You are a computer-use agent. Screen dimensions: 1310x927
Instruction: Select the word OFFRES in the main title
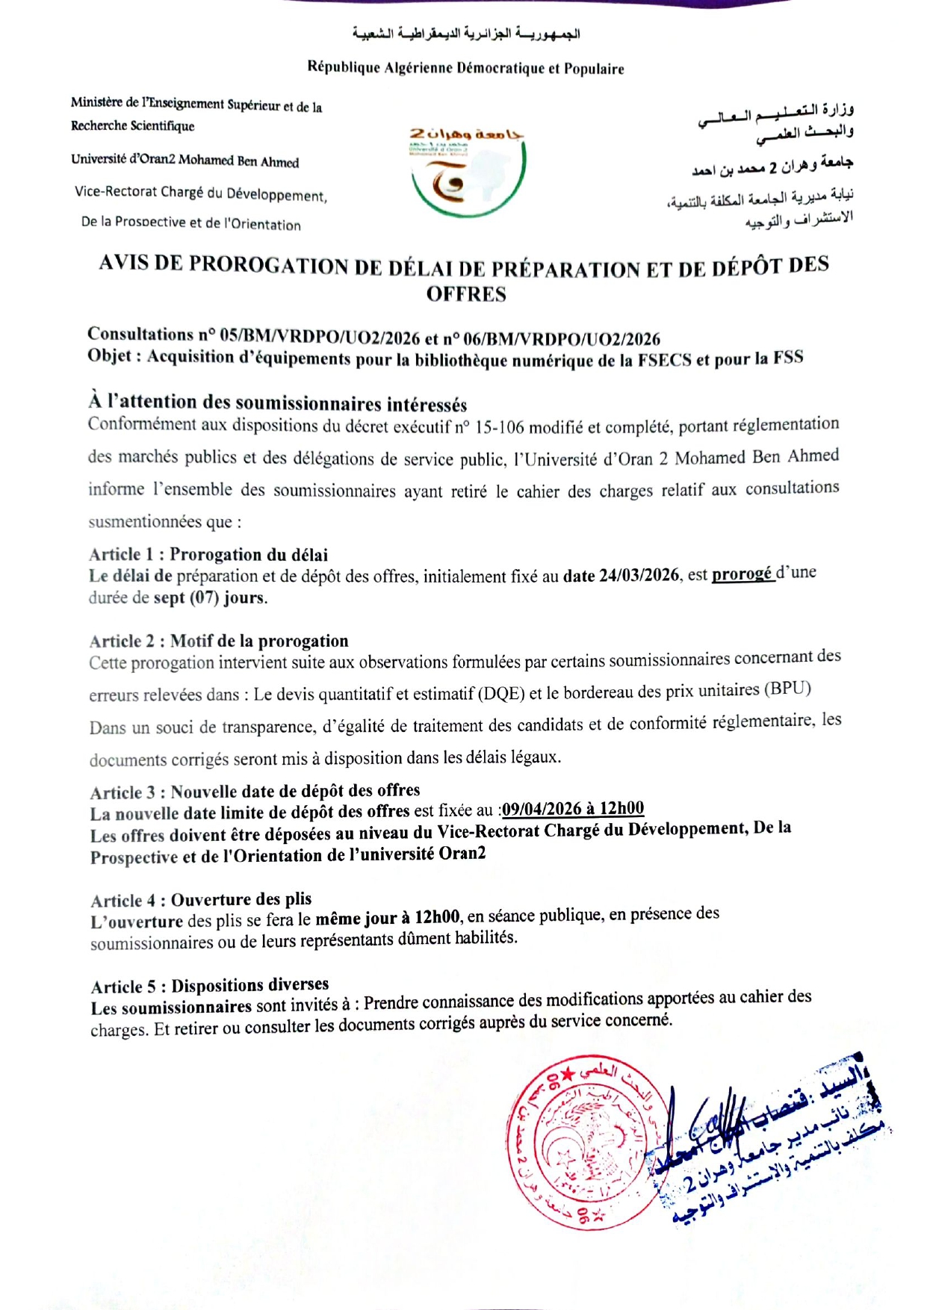466,294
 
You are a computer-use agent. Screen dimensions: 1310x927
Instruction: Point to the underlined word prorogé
742,574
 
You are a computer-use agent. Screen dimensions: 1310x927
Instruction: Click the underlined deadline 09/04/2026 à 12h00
573,809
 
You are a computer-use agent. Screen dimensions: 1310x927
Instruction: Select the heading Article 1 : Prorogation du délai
208,554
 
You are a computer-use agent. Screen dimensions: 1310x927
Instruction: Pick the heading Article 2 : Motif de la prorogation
219,641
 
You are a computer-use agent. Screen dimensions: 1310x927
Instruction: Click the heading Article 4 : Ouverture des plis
201,899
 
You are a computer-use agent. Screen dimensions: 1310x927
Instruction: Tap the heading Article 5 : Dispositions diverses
210,986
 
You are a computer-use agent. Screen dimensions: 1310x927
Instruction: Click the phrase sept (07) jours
210,597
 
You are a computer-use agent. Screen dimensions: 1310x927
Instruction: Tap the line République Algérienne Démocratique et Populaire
465,68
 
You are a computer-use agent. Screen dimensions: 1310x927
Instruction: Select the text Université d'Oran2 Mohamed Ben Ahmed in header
185,161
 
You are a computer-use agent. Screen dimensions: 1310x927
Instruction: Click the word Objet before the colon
109,356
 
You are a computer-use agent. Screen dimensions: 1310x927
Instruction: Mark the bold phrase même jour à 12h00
387,918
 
